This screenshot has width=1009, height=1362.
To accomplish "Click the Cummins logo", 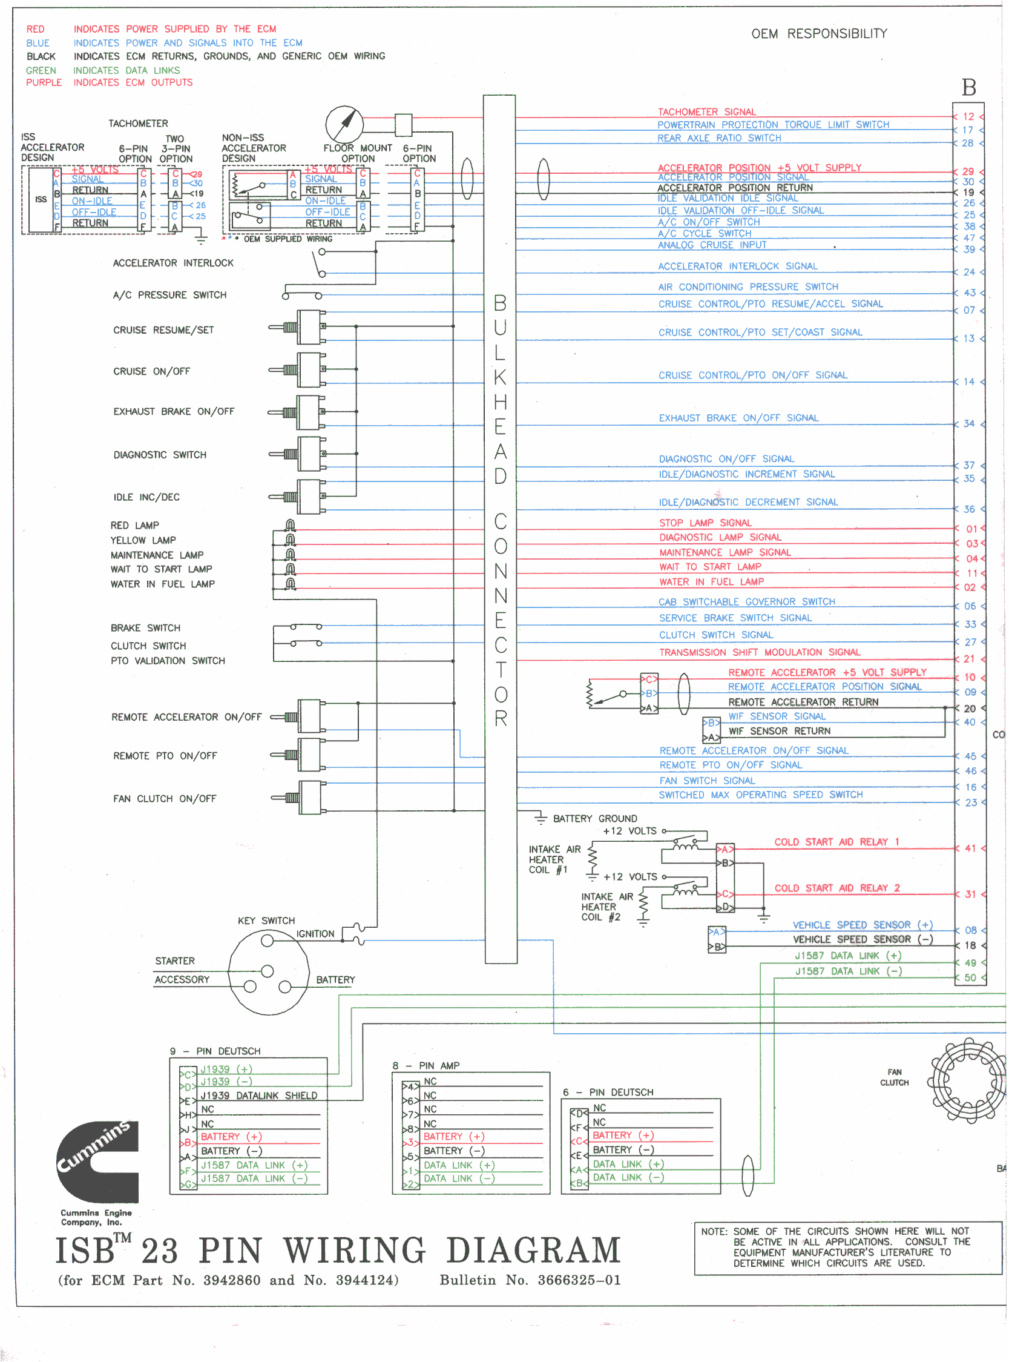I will [x=97, y=1161].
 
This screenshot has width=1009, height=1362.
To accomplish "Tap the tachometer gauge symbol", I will [x=344, y=124].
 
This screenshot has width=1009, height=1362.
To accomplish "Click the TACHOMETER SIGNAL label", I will [x=708, y=112].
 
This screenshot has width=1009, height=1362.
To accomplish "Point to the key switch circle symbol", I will [x=268, y=972].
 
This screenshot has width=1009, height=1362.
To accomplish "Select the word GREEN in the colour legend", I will [x=41, y=71].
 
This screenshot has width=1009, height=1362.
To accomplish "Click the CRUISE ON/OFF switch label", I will [x=151, y=371].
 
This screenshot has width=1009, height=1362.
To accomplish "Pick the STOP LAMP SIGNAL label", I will [x=705, y=523].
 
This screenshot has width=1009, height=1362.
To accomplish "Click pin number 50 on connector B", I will [x=970, y=978].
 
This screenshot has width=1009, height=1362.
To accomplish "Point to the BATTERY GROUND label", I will [x=596, y=819].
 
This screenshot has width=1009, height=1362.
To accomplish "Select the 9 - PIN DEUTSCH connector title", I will [x=215, y=1051].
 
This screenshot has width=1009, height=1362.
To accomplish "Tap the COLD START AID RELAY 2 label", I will [x=837, y=888].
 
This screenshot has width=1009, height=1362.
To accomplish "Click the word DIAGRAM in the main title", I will [x=533, y=1251].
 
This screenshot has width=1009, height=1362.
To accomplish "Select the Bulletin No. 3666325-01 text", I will [x=530, y=1281].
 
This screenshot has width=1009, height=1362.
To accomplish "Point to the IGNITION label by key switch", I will [x=315, y=934].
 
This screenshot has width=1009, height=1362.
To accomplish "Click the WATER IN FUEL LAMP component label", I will [x=162, y=584].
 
